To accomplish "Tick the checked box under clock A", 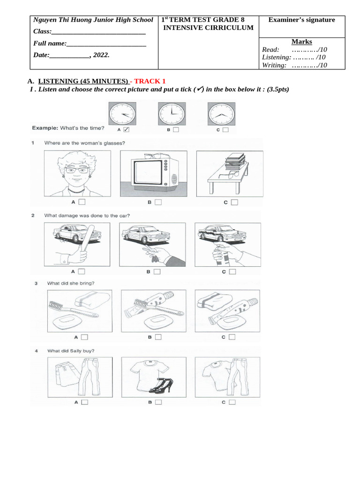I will point(126,130).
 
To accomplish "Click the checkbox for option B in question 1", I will point(158,202).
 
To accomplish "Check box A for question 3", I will point(84,337).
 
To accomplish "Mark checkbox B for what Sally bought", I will point(158,402).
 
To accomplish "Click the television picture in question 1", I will point(153,173).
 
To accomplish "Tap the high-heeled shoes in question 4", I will point(161,385).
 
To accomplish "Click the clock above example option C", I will point(220,113).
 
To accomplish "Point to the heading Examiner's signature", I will point(301,20).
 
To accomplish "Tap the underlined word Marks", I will point(301,42).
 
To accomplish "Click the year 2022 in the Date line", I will point(101,55).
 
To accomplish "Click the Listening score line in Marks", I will point(294,57).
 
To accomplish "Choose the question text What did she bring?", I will point(71,283).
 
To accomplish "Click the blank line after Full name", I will point(106,44).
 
